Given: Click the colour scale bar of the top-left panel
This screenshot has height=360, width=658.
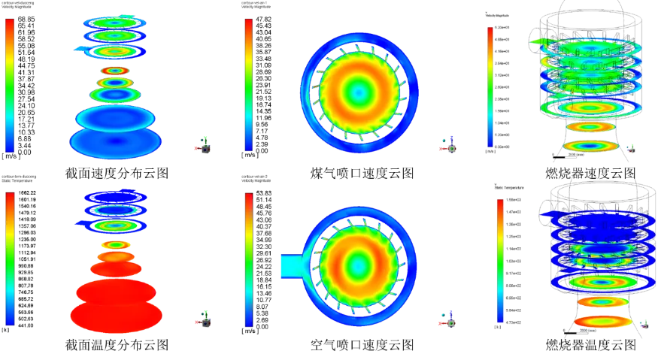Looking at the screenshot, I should (11, 85).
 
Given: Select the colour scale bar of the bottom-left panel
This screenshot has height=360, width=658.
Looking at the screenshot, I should (11, 259).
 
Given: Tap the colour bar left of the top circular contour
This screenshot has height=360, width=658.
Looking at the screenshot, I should (248, 85).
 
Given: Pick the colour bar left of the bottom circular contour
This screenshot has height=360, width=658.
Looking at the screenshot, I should (248, 259).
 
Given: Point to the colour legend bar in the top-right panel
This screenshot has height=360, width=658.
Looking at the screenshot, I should (490, 89).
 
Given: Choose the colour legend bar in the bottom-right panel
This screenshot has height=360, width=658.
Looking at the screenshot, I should (499, 262).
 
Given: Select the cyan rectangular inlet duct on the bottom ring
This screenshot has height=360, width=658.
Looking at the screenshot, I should (290, 265).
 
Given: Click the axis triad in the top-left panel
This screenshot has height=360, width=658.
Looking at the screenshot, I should (204, 143).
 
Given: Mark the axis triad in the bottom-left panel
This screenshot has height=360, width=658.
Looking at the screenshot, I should (204, 317).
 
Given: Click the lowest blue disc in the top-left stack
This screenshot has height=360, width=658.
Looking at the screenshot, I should (115, 141).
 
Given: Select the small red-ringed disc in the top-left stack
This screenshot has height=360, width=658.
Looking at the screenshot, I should (116, 71).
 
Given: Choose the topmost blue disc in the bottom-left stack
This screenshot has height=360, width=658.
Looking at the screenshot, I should (115, 195).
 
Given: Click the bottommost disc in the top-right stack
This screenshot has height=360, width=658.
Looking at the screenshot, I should (590, 145).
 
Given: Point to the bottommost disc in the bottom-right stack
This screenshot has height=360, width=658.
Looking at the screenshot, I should (604, 321).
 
